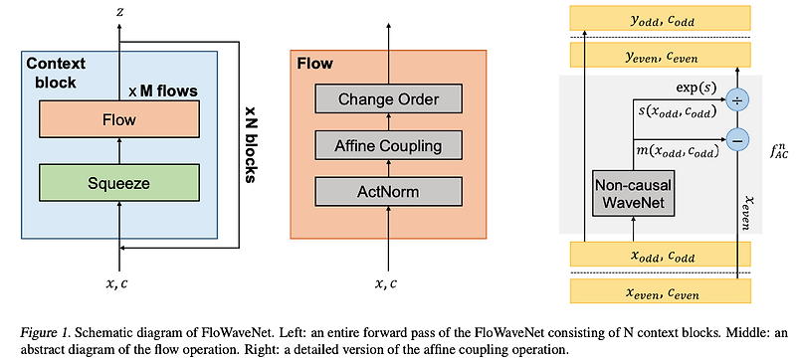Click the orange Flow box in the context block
click(x=120, y=121)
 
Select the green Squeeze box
click(x=120, y=182)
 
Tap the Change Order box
click(x=388, y=98)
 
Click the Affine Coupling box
click(x=388, y=146)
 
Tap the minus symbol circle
click(x=736, y=140)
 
